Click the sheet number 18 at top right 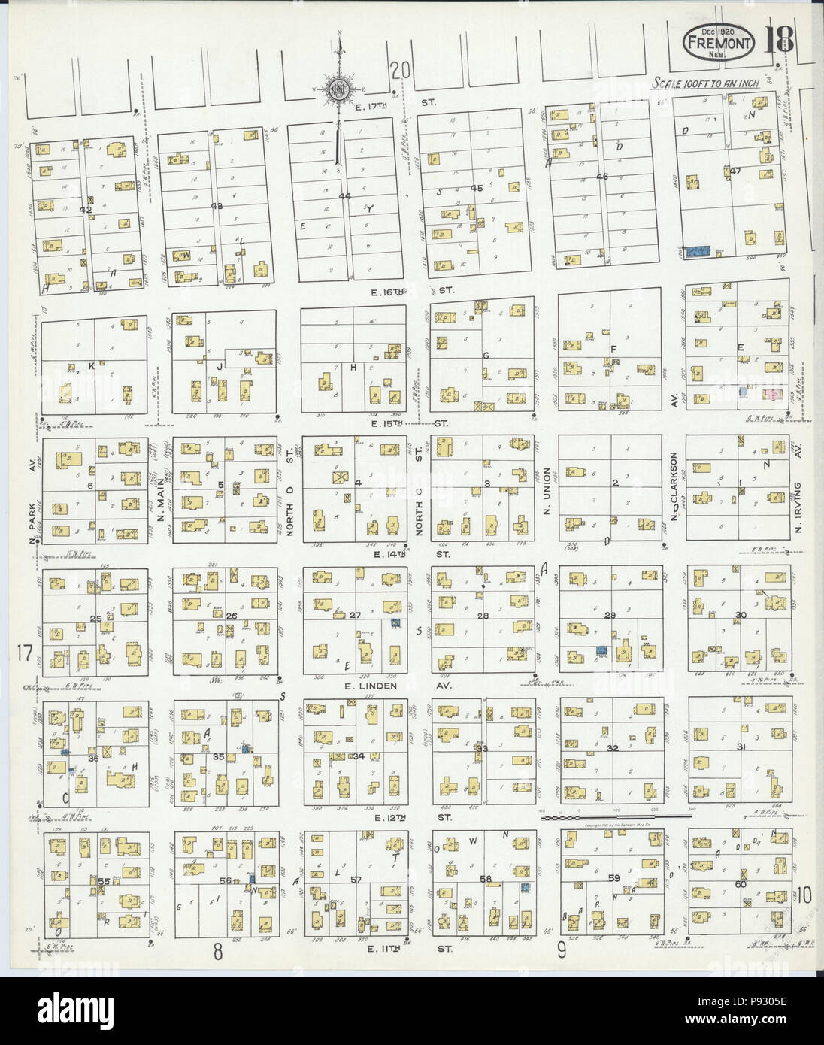coord(780,39)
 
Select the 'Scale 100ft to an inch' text coord(705,83)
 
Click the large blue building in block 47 coord(698,251)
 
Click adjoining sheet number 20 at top coord(401,71)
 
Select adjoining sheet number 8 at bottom coord(218,952)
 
